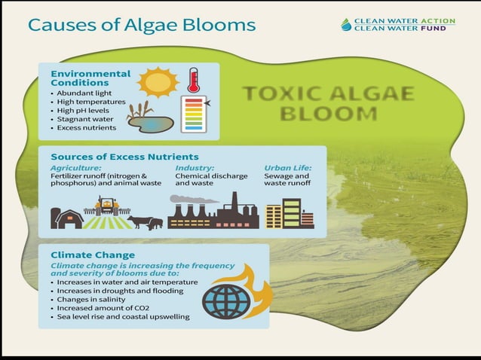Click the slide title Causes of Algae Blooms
coord(141,24)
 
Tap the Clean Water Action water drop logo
coord(346,24)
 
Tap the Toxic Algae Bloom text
coord(328,104)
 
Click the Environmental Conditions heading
coord(90,78)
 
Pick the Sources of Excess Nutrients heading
coord(113,156)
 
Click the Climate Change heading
coord(92,255)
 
